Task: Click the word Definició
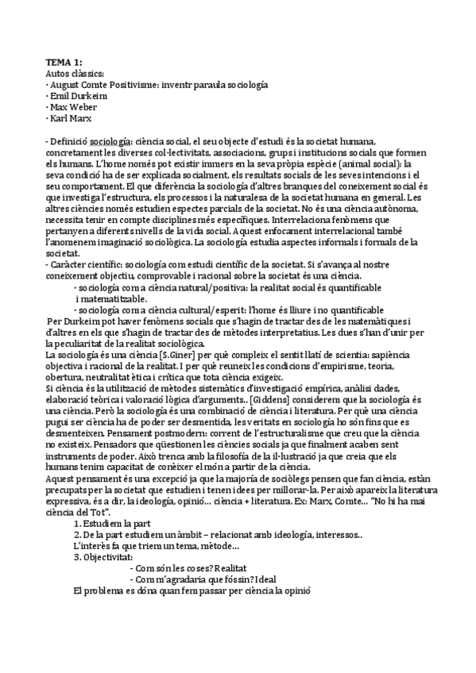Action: tap(69, 140)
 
